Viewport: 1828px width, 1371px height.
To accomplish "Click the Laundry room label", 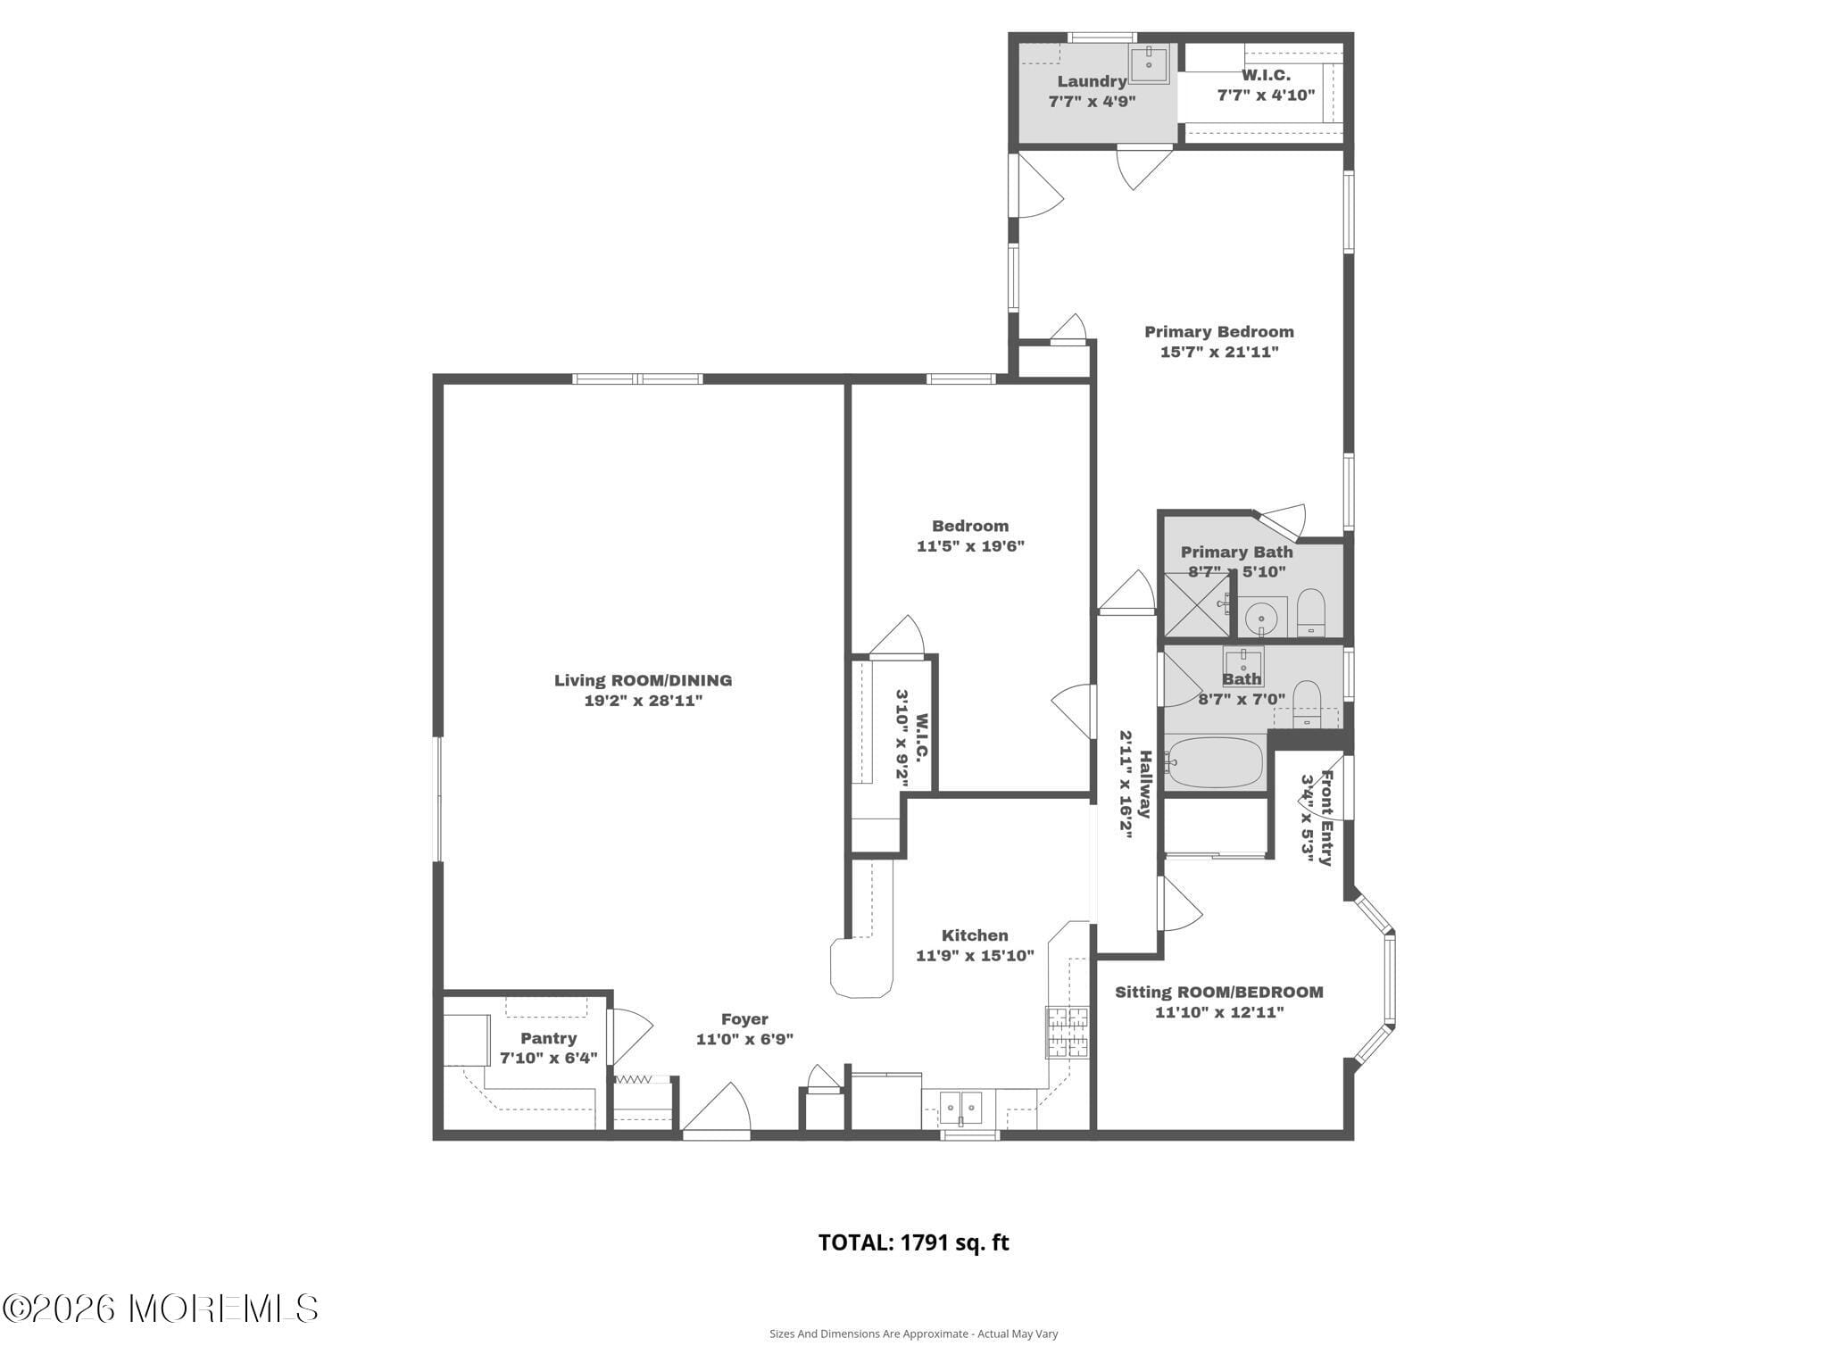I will point(1091,81).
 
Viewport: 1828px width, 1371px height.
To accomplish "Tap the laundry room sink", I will point(1149,62).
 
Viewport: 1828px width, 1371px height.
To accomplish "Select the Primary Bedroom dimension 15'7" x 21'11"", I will point(1218,352).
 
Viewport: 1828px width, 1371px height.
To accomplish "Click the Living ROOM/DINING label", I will point(643,680).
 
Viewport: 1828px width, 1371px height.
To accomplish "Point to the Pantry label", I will point(548,1038).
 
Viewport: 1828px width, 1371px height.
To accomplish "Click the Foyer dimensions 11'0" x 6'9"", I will point(744,1039).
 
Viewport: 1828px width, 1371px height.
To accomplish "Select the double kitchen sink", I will point(960,1108).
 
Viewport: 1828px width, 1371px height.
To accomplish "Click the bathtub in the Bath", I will point(1214,762).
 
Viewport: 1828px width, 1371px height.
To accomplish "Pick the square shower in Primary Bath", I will point(1196,605).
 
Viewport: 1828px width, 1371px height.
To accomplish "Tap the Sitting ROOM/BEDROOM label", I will point(1218,992).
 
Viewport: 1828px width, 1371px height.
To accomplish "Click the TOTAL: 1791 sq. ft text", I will point(913,1242).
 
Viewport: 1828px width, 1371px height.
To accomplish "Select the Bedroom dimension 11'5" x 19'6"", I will point(969,546).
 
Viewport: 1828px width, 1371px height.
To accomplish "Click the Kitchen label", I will point(975,935).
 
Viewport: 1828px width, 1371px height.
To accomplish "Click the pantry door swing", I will point(630,1035).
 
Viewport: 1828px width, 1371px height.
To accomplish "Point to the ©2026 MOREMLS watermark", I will point(161,1309).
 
